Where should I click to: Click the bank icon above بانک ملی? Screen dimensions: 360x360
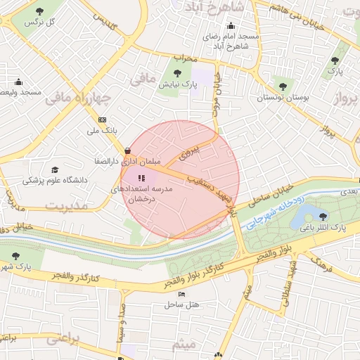coord(103,120)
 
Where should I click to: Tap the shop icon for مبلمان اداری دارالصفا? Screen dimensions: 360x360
coord(127,150)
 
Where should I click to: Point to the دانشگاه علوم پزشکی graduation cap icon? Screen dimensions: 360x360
coord(55,170)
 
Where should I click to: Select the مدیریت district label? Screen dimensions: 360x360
coord(67,205)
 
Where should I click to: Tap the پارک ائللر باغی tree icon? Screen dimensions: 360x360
coord(323,216)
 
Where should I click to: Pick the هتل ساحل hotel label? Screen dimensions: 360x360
coord(183,304)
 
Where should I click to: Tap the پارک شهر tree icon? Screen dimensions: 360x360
coord(15,257)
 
